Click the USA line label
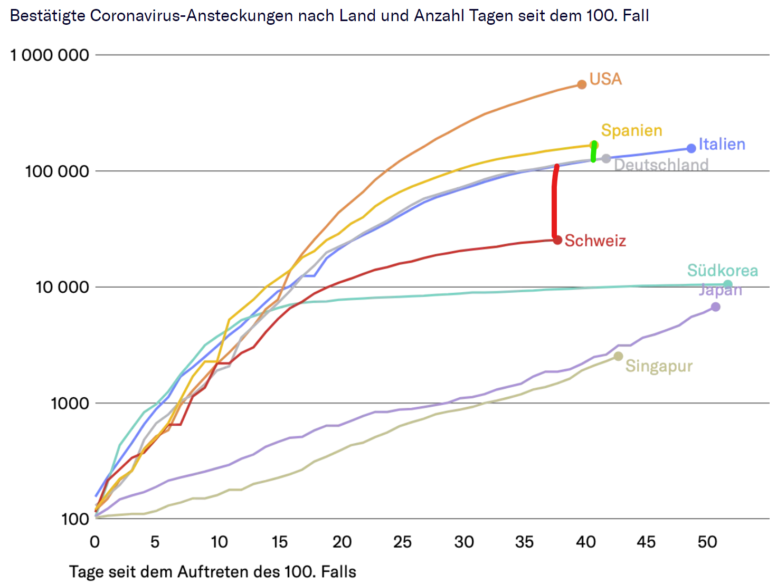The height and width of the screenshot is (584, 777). pyautogui.click(x=605, y=79)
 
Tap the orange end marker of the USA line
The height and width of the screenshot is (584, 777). pyautogui.click(x=582, y=84)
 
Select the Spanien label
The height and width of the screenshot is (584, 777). pyautogui.click(x=631, y=130)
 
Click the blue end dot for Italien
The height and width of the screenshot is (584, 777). pyautogui.click(x=691, y=148)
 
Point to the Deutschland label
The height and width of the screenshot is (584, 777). pyautogui.click(x=661, y=165)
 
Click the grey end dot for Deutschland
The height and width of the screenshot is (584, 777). pyautogui.click(x=607, y=158)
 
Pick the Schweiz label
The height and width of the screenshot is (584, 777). pyautogui.click(x=595, y=241)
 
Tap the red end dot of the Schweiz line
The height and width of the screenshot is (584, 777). pyautogui.click(x=558, y=240)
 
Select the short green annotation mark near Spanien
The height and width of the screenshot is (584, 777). pyautogui.click(x=594, y=151)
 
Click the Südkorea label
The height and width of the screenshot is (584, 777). pyautogui.click(x=722, y=271)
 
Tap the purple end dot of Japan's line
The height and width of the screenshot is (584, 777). pyautogui.click(x=716, y=307)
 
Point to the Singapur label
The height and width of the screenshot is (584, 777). pyautogui.click(x=659, y=366)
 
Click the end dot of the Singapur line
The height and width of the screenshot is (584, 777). pyautogui.click(x=618, y=357)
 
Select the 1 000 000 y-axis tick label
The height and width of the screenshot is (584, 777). pyautogui.click(x=50, y=55)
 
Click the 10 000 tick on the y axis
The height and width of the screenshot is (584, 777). pyautogui.click(x=62, y=287)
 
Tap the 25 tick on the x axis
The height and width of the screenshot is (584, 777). pyautogui.click(x=402, y=542)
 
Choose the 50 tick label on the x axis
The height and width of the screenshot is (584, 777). pyautogui.click(x=707, y=542)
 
